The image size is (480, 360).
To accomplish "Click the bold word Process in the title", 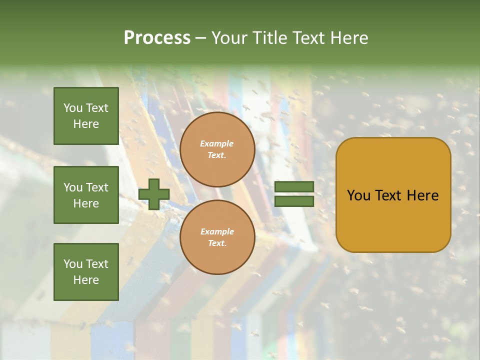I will (157, 38).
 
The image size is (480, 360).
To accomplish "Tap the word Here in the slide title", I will (349, 38).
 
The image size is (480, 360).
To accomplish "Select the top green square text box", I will (86, 116).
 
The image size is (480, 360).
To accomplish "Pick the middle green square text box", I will (86, 195).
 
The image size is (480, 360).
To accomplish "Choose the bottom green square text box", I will (86, 272).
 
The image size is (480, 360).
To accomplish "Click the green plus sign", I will (154, 194).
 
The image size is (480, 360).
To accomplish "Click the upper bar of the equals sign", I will (294, 187).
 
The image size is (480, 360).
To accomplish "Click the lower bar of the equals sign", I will (294, 201).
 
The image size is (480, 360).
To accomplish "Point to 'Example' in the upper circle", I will (217, 144).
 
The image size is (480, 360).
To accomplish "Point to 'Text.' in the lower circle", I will (217, 243).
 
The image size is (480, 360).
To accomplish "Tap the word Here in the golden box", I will (422, 195).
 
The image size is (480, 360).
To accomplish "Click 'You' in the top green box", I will (72, 108).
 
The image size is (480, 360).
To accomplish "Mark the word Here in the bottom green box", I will (86, 280).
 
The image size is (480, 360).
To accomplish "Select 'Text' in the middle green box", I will (96, 187).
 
